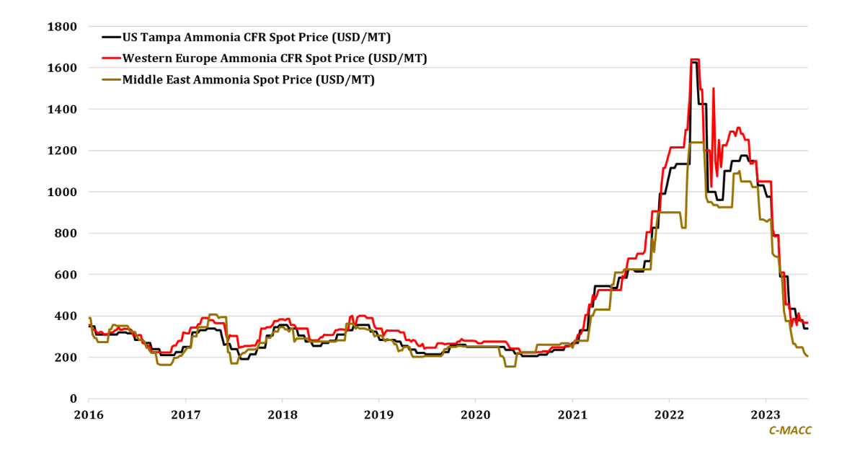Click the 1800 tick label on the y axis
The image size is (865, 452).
tap(63, 27)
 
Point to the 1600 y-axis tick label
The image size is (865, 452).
tap(63, 68)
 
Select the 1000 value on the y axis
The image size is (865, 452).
tap(63, 192)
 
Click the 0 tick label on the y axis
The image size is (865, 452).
tap(73, 399)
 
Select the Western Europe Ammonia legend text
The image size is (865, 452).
tap(275, 58)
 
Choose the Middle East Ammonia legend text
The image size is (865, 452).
tap(248, 79)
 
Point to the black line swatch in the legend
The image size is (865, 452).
tap(111, 37)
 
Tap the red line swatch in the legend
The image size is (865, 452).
tap(111, 58)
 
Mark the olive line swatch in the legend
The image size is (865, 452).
tap(111, 79)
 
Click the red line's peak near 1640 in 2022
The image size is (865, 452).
tap(695, 59)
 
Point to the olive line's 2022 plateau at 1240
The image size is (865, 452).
tap(696, 142)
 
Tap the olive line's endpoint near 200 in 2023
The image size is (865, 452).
tap(807, 356)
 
